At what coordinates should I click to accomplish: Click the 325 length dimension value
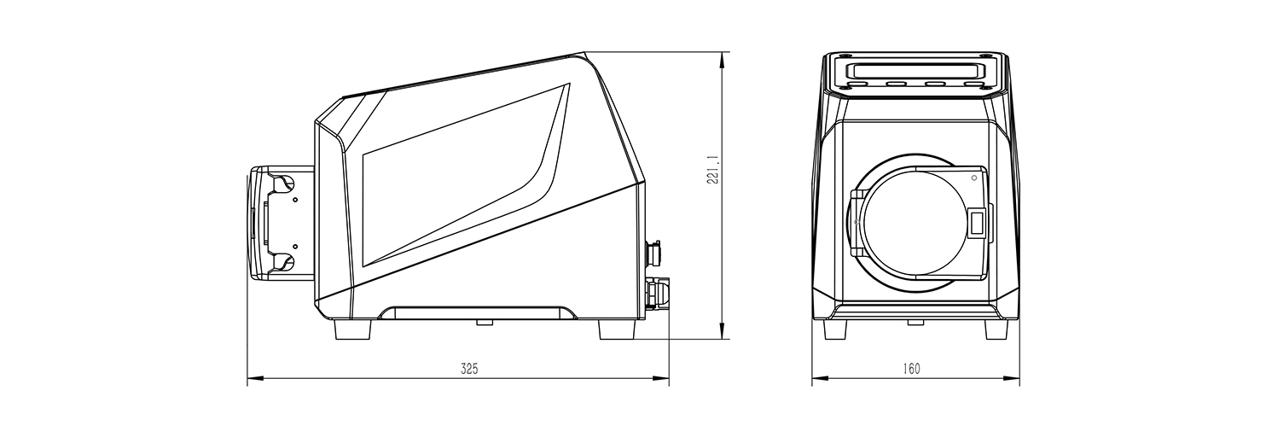click(469, 370)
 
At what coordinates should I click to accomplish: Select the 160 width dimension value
click(911, 370)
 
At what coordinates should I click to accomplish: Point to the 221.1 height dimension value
click(712, 169)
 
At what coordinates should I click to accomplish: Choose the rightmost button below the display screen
click(973, 84)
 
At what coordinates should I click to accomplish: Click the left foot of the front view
click(835, 329)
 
